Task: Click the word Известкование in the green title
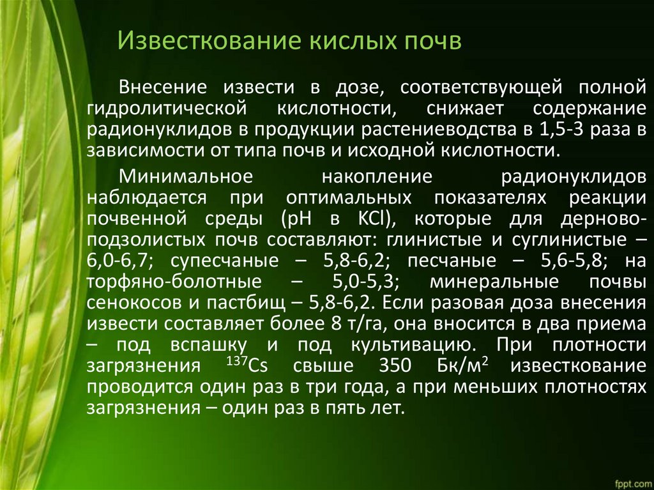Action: pyautogui.click(x=210, y=41)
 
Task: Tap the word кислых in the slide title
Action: pyautogui.click(x=353, y=41)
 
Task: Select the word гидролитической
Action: pyautogui.click(x=167, y=109)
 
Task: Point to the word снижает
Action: pyautogui.click(x=465, y=109)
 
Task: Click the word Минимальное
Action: pyautogui.click(x=186, y=176)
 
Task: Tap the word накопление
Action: pyautogui.click(x=377, y=176)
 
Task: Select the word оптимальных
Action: pyautogui.click(x=349, y=197)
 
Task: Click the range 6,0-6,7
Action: pyautogui.click(x=118, y=261)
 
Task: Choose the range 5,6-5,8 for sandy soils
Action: pyautogui.click(x=572, y=261)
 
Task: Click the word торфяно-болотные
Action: pyautogui.click(x=174, y=282)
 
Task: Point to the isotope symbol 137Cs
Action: pyautogui.click(x=247, y=365)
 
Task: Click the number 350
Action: pyautogui.click(x=395, y=365)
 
